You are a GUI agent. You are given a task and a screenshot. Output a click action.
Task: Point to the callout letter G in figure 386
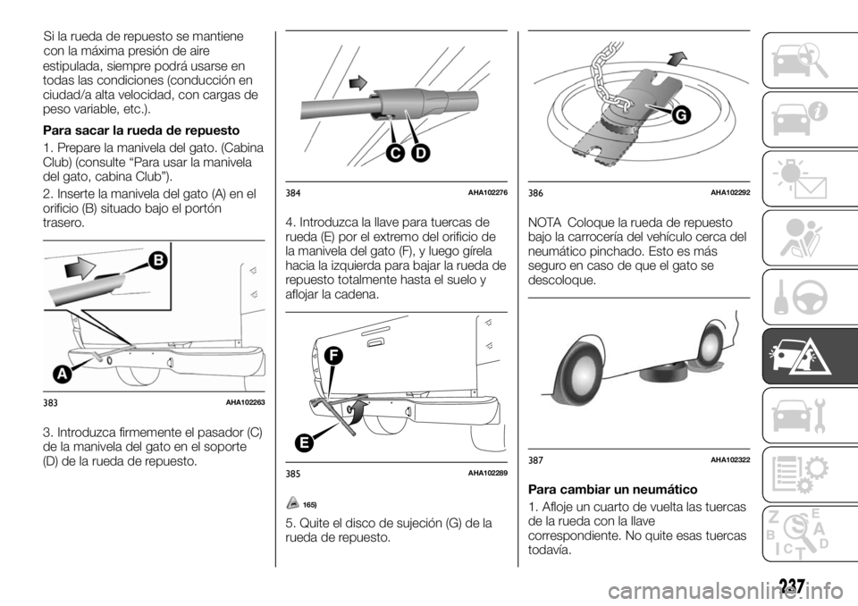(682, 115)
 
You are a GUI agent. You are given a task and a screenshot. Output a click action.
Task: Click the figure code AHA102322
(730, 459)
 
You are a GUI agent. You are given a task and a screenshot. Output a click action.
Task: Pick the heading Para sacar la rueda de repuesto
(128, 130)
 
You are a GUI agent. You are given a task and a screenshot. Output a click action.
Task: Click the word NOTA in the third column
(546, 222)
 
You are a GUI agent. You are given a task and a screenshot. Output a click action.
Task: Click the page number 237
(790, 587)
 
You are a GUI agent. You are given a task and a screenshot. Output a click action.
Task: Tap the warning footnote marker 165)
(309, 505)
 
